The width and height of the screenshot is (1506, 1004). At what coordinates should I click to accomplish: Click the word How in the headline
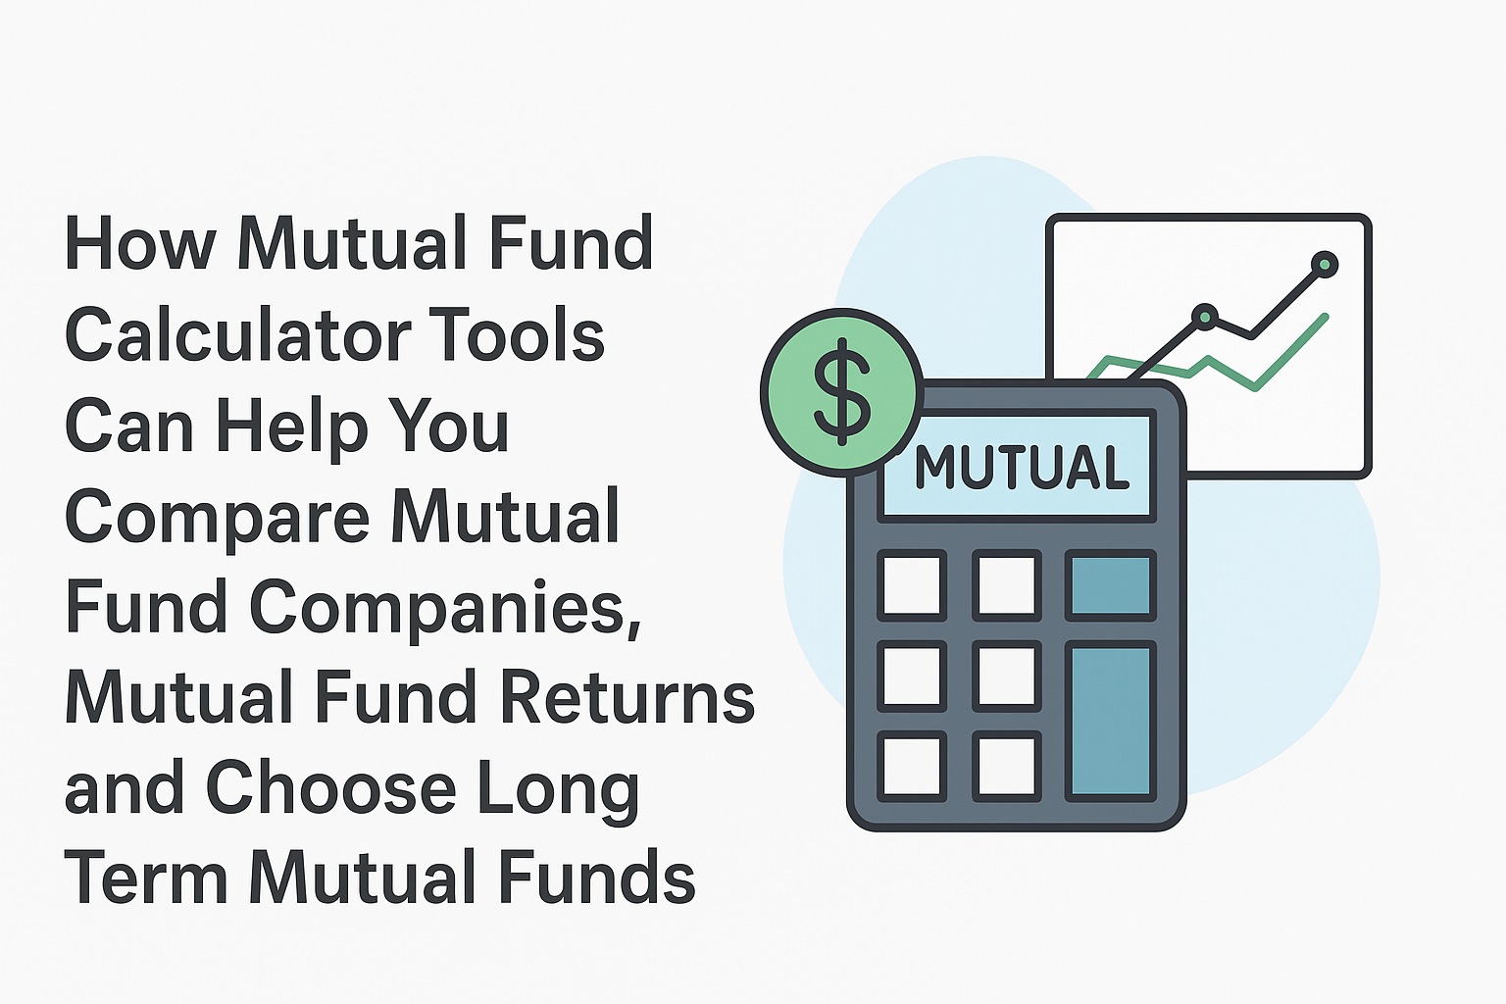140,243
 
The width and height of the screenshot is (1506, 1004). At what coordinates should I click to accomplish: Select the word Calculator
238,333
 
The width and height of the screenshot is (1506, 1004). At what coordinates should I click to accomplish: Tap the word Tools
517,333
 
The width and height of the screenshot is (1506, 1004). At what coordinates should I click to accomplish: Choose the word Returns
627,697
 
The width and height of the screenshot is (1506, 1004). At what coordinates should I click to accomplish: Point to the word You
448,425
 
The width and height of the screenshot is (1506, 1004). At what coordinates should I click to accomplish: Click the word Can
129,425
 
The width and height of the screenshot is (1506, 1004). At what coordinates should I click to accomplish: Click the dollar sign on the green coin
842,392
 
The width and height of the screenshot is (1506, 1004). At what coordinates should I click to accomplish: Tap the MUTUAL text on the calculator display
1022,467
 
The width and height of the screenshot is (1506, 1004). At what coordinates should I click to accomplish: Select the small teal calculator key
1110,585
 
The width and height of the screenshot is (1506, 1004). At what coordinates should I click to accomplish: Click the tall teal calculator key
1110,722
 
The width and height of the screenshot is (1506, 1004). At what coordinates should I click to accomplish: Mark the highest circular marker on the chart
1324,265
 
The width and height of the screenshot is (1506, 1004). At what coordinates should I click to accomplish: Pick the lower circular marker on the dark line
1205,317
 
